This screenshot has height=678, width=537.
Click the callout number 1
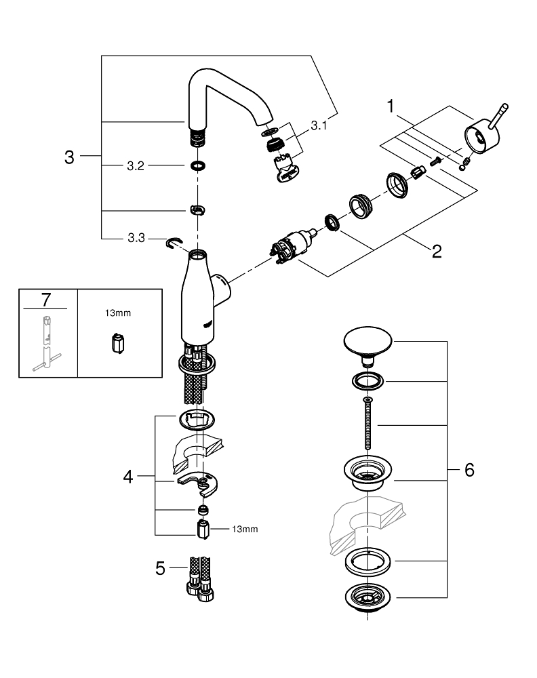[x=391, y=106]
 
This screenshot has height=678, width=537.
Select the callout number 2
[x=437, y=252]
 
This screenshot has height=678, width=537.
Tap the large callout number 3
[x=68, y=158]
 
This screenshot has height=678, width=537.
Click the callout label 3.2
[x=136, y=165]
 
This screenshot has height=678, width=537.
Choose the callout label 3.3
[x=136, y=239]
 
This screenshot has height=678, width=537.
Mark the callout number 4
[x=129, y=476]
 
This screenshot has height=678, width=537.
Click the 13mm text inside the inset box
[x=119, y=313]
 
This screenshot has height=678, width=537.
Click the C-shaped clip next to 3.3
[x=176, y=242]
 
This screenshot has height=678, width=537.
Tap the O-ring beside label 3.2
[x=197, y=165]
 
